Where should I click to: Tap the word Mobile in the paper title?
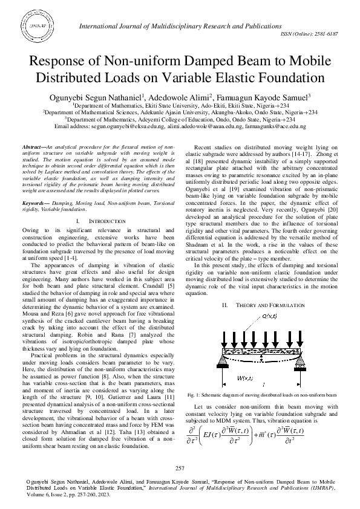(x=306, y=62)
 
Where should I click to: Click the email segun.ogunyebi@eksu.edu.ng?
(x=102, y=127)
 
